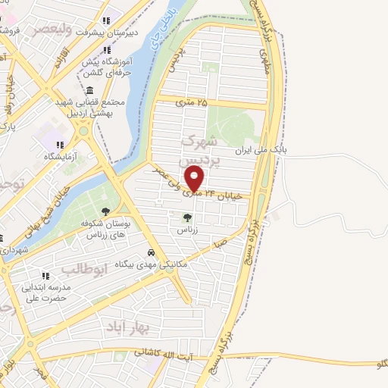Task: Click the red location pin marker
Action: tap(195, 179)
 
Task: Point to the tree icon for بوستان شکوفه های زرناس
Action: tap(105, 211)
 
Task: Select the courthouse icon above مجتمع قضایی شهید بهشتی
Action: tap(90, 89)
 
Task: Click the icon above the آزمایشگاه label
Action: tap(60, 144)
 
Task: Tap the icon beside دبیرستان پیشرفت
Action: tap(106, 20)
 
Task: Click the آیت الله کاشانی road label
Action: tap(164, 352)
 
